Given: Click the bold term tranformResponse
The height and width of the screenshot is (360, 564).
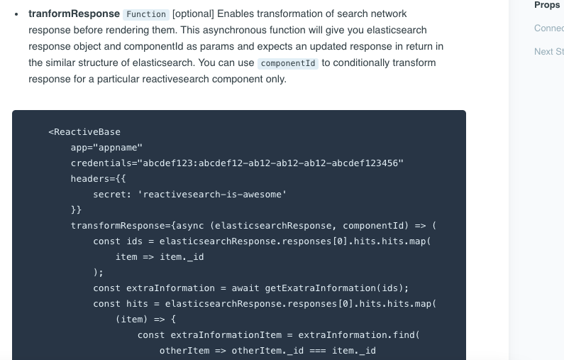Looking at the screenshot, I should click(x=74, y=13).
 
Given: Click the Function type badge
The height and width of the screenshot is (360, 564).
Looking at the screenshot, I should click(x=145, y=14).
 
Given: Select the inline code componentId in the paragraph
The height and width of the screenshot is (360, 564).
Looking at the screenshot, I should click(x=287, y=63).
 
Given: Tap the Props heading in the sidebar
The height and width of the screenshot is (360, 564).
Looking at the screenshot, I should click(x=547, y=5).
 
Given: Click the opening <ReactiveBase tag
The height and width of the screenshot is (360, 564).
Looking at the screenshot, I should click(x=84, y=132).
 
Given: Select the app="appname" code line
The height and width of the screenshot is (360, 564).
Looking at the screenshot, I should click(x=106, y=148).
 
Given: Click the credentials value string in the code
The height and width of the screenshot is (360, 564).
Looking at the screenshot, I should click(x=272, y=163).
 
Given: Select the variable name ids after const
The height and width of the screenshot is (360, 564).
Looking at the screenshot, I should click(x=134, y=241).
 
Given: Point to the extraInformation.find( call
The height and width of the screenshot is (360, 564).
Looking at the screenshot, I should click(x=359, y=335).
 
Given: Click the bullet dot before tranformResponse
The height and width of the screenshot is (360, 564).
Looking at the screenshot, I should click(x=16, y=14).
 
